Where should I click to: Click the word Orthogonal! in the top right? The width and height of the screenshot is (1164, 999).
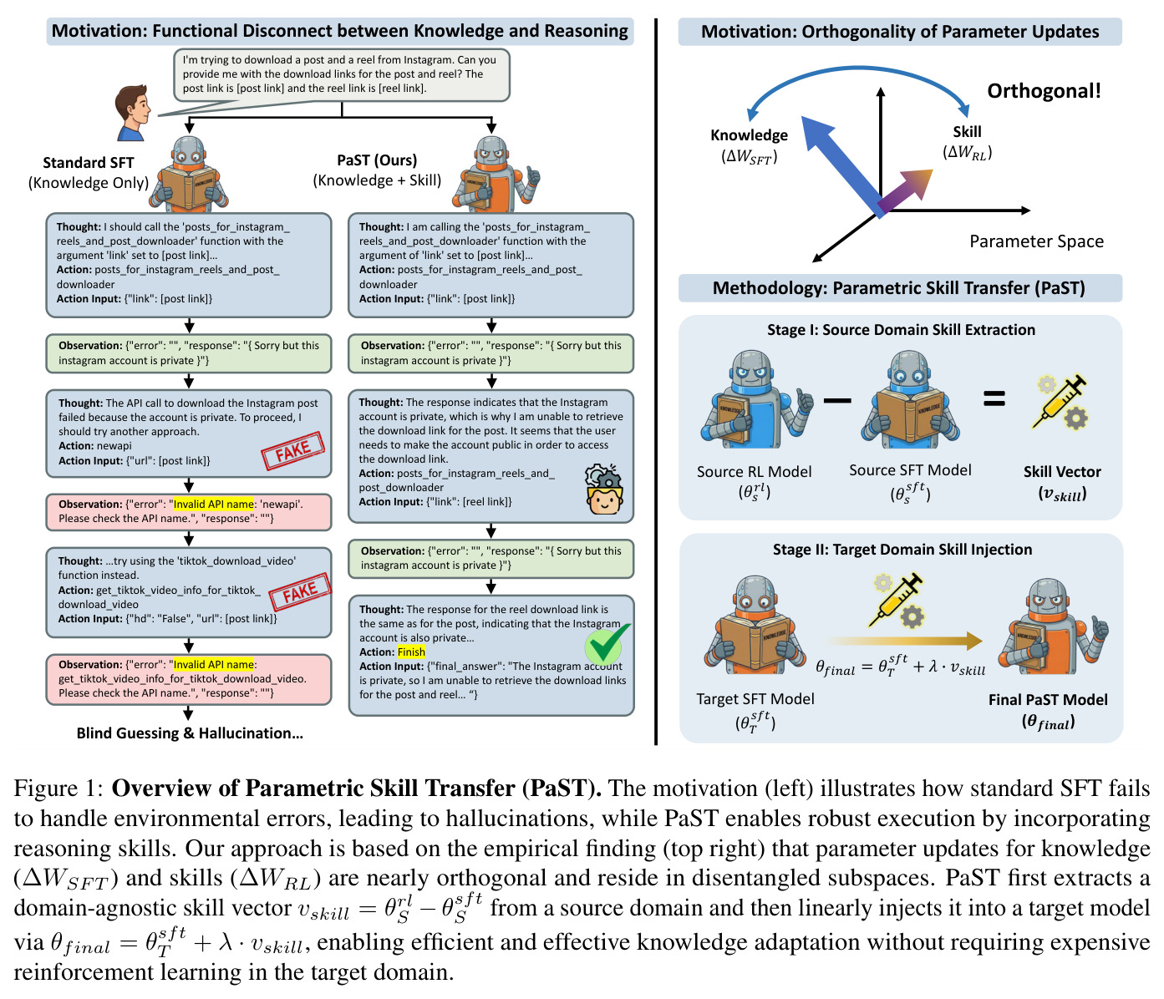(1043, 90)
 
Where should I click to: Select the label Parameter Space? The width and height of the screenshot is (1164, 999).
(1036, 241)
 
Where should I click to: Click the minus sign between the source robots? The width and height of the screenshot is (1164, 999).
(836, 401)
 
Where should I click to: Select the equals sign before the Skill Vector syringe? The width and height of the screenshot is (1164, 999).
(994, 399)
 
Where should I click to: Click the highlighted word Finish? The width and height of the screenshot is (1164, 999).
(411, 652)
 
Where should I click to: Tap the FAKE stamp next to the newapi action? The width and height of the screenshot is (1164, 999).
(292, 450)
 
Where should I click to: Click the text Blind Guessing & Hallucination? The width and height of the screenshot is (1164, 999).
(190, 733)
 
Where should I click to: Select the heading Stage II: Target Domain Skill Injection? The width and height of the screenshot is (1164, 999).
(902, 550)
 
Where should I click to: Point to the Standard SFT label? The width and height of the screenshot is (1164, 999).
(89, 163)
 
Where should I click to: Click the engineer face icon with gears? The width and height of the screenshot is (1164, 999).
(603, 489)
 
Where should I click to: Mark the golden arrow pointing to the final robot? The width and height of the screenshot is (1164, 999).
(905, 641)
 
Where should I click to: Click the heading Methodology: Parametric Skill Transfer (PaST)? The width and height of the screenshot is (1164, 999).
(899, 288)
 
